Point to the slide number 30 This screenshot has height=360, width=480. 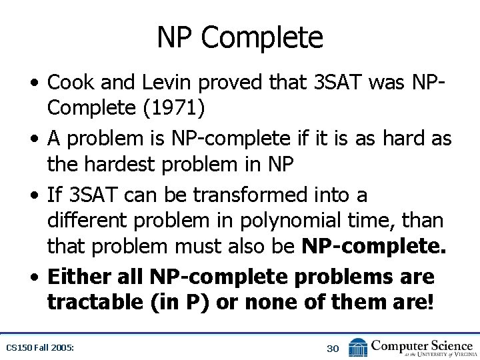333,347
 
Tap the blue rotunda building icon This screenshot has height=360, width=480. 358,347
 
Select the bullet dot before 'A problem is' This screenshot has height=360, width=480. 34,139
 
